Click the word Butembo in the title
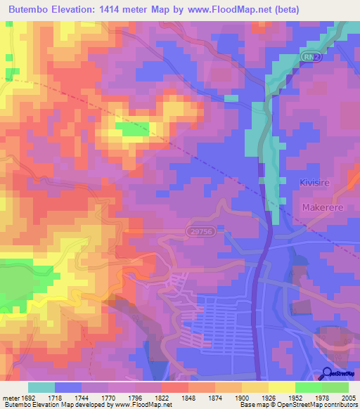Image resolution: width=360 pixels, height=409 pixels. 32,9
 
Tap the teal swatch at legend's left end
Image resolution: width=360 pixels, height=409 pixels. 41,387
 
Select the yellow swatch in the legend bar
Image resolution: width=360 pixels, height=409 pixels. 282,387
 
